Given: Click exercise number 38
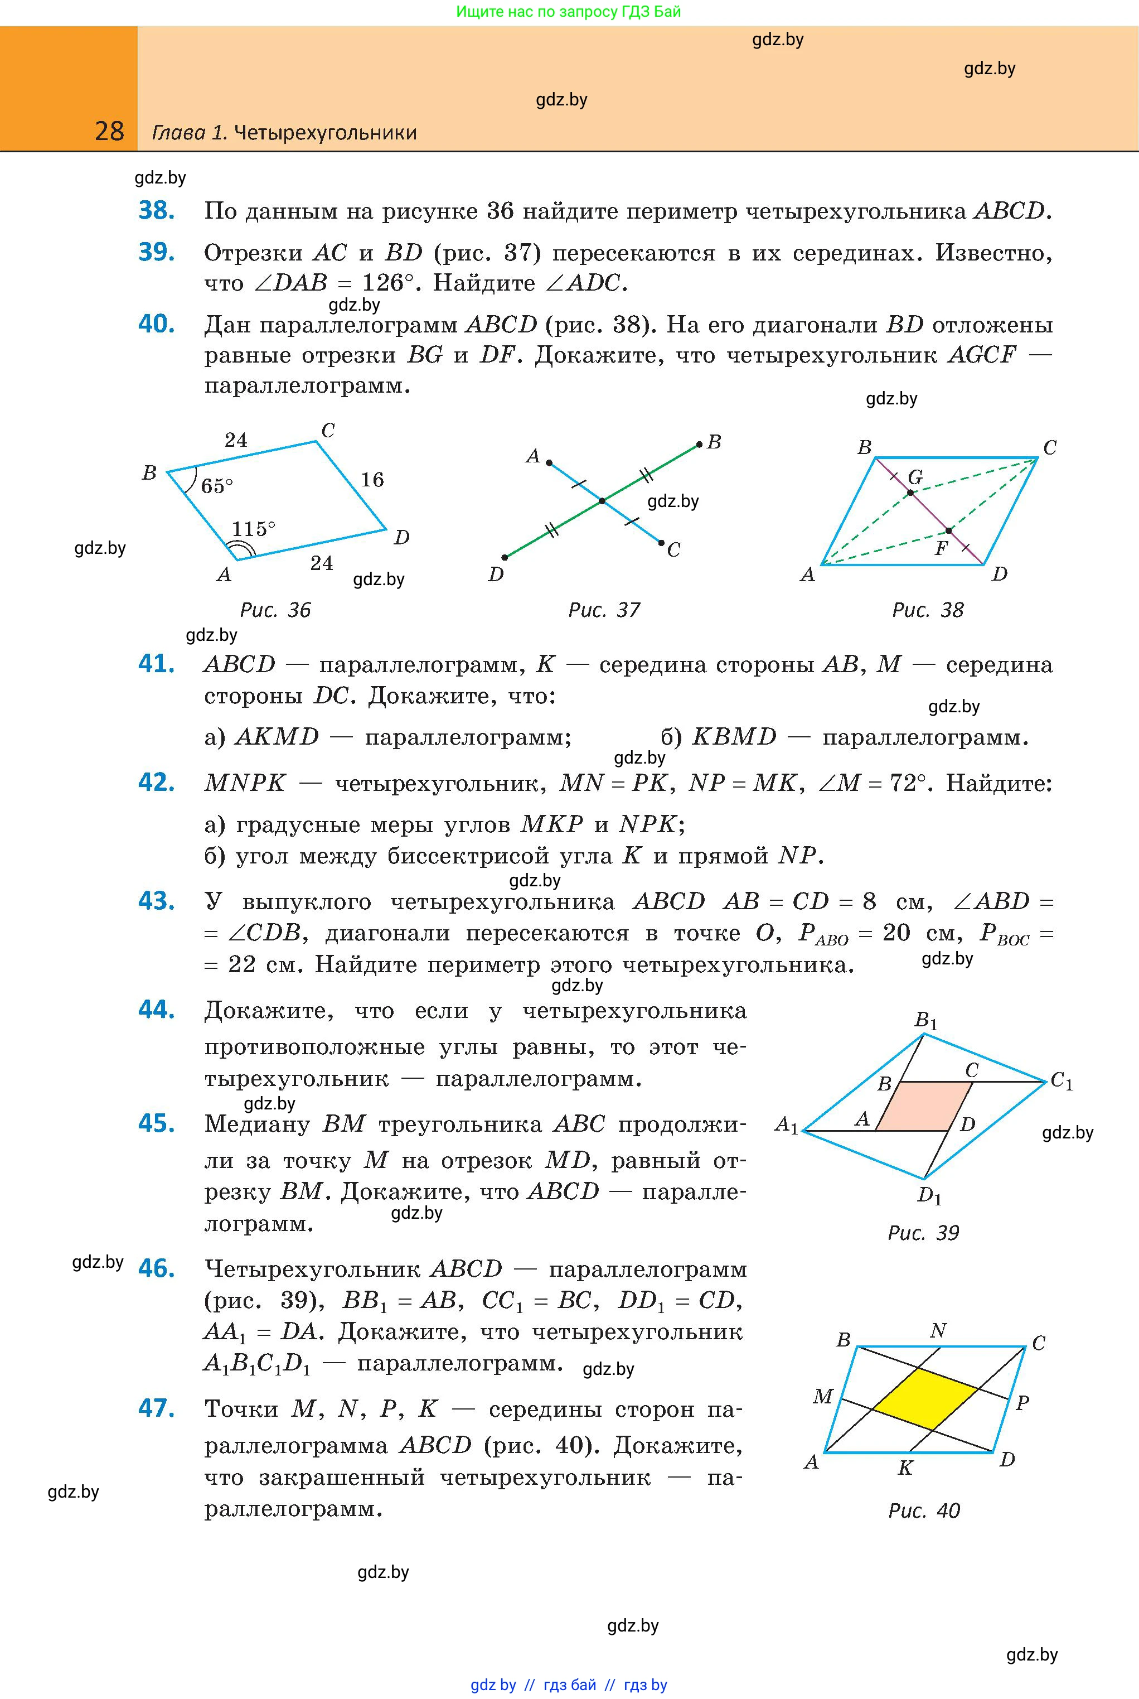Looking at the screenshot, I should tap(156, 211).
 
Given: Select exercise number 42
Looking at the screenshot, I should tap(156, 783).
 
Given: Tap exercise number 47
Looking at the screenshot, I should tap(156, 1408).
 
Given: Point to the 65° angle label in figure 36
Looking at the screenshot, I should tap(216, 485).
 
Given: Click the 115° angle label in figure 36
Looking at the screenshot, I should tap(254, 528).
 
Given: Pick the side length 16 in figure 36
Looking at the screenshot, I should tap(372, 480).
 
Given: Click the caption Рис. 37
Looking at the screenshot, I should tap(604, 610).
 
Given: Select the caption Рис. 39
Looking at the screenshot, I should tap(923, 1233).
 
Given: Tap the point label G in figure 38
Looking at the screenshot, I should tap(915, 477).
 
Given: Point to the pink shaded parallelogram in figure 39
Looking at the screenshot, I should tap(924, 1106).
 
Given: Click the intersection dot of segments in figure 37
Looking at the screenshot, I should tap(602, 501).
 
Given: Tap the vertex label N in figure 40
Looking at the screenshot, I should tap(938, 1330).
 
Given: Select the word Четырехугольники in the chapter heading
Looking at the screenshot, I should tap(326, 132).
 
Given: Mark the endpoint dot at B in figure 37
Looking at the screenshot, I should tap(699, 444).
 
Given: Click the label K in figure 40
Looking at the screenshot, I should tap(905, 1468).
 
